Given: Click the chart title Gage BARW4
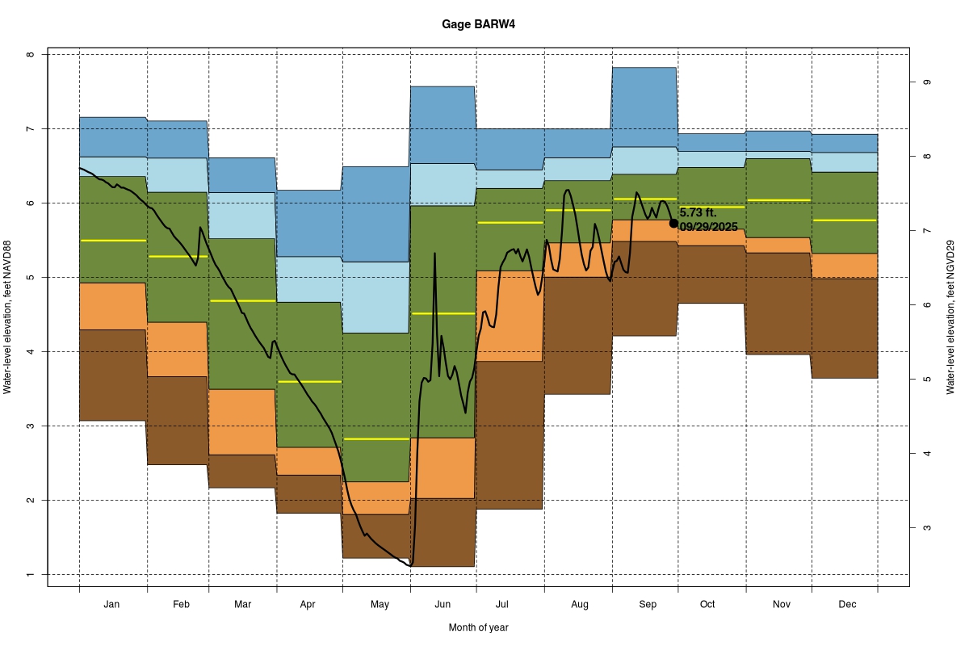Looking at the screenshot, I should pos(478,24).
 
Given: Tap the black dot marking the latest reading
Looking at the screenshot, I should pos(673,223).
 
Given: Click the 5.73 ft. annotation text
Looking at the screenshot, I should pos(698,212).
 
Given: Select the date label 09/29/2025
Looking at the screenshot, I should pos(709,227).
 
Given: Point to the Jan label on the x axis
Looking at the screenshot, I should pos(112,604).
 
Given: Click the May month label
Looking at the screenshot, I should pos(380,604).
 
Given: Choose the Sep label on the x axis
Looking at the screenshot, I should pos(648,604).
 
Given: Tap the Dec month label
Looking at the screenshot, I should pos(847,604).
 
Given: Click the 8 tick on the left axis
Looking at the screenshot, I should pos(31,55).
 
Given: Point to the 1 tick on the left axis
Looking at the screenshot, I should pos(31,575).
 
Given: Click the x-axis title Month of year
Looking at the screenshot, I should pos(478,627).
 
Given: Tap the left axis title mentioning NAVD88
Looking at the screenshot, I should pos(8,317).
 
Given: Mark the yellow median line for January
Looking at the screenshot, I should pos(113,241).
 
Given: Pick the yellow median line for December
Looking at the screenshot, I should pos(845,220).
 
